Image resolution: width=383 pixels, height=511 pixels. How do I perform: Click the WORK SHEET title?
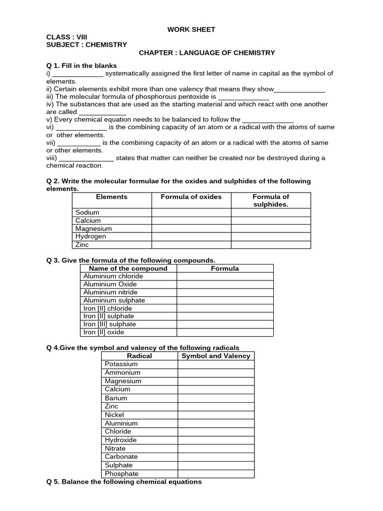(191, 29)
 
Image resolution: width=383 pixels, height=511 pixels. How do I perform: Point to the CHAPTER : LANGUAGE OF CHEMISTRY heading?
(206, 52)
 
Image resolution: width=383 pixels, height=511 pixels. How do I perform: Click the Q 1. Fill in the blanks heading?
(82, 65)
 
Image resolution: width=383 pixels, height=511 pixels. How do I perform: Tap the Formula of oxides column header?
(191, 197)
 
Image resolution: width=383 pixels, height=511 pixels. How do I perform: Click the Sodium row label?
(87, 212)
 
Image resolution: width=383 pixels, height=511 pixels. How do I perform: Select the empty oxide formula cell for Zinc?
(191, 245)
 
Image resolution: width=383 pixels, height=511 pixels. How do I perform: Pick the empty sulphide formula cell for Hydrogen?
(271, 237)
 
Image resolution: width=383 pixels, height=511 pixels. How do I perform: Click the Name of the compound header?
(128, 268)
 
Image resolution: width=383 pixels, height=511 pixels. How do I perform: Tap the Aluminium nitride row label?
(110, 292)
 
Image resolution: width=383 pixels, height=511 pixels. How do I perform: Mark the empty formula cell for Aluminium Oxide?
(225, 284)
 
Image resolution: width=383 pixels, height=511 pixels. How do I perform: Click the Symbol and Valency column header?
(215, 356)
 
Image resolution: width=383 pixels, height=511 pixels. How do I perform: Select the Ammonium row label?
(123, 373)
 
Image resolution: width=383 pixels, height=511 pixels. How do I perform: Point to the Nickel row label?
(115, 415)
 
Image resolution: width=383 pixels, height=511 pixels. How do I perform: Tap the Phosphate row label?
(122, 474)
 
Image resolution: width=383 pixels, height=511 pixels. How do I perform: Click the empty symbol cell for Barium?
(215, 398)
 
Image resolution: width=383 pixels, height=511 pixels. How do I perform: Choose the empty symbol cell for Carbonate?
(215, 457)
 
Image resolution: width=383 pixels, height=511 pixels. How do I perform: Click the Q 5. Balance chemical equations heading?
(124, 482)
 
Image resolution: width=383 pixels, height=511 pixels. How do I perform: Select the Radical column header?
(140, 356)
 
